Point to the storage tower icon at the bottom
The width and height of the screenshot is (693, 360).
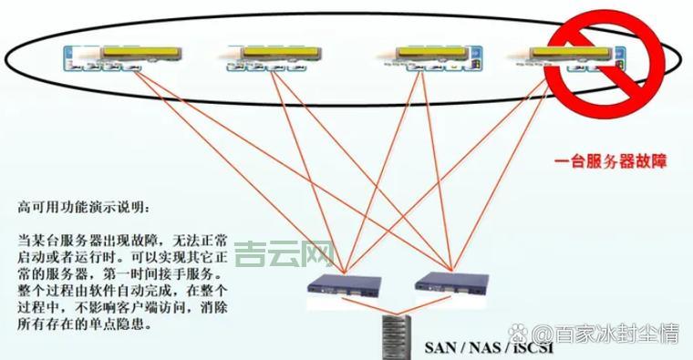pos(395,336)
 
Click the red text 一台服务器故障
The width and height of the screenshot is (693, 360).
pos(611,162)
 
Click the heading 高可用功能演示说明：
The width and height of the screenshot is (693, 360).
pos(81,207)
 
